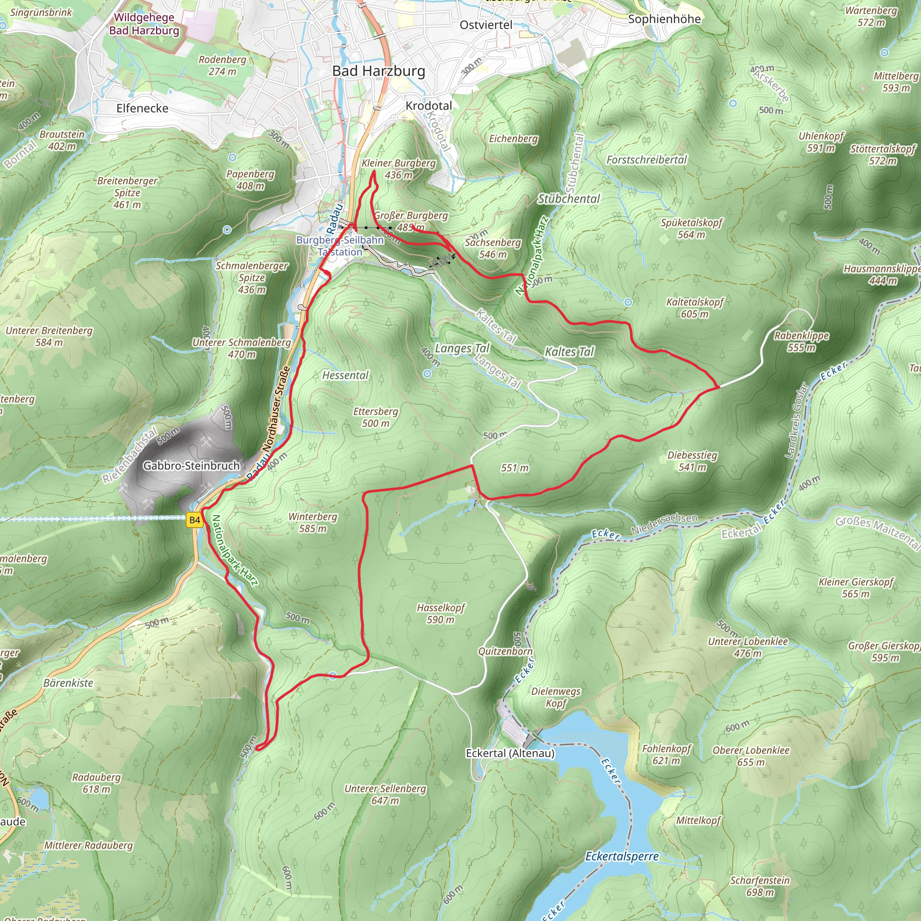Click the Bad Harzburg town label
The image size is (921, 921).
379,71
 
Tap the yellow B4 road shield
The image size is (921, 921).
194,520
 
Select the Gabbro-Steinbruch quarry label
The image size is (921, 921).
191,466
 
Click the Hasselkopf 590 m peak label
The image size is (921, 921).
440,613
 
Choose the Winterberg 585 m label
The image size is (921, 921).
313,523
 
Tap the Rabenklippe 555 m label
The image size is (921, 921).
801,341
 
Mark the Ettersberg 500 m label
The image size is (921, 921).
375,417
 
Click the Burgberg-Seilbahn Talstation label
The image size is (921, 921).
340,246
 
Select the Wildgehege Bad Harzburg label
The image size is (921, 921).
144,24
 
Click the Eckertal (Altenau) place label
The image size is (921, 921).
510,753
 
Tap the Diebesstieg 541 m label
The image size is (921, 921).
692,461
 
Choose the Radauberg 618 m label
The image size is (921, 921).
96,783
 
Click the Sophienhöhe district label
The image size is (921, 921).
664,19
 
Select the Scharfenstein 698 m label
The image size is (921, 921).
760,886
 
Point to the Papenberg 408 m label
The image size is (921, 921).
250,180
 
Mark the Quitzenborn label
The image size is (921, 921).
505,652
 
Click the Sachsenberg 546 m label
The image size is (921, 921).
492,248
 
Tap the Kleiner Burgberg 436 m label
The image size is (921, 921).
398,169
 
